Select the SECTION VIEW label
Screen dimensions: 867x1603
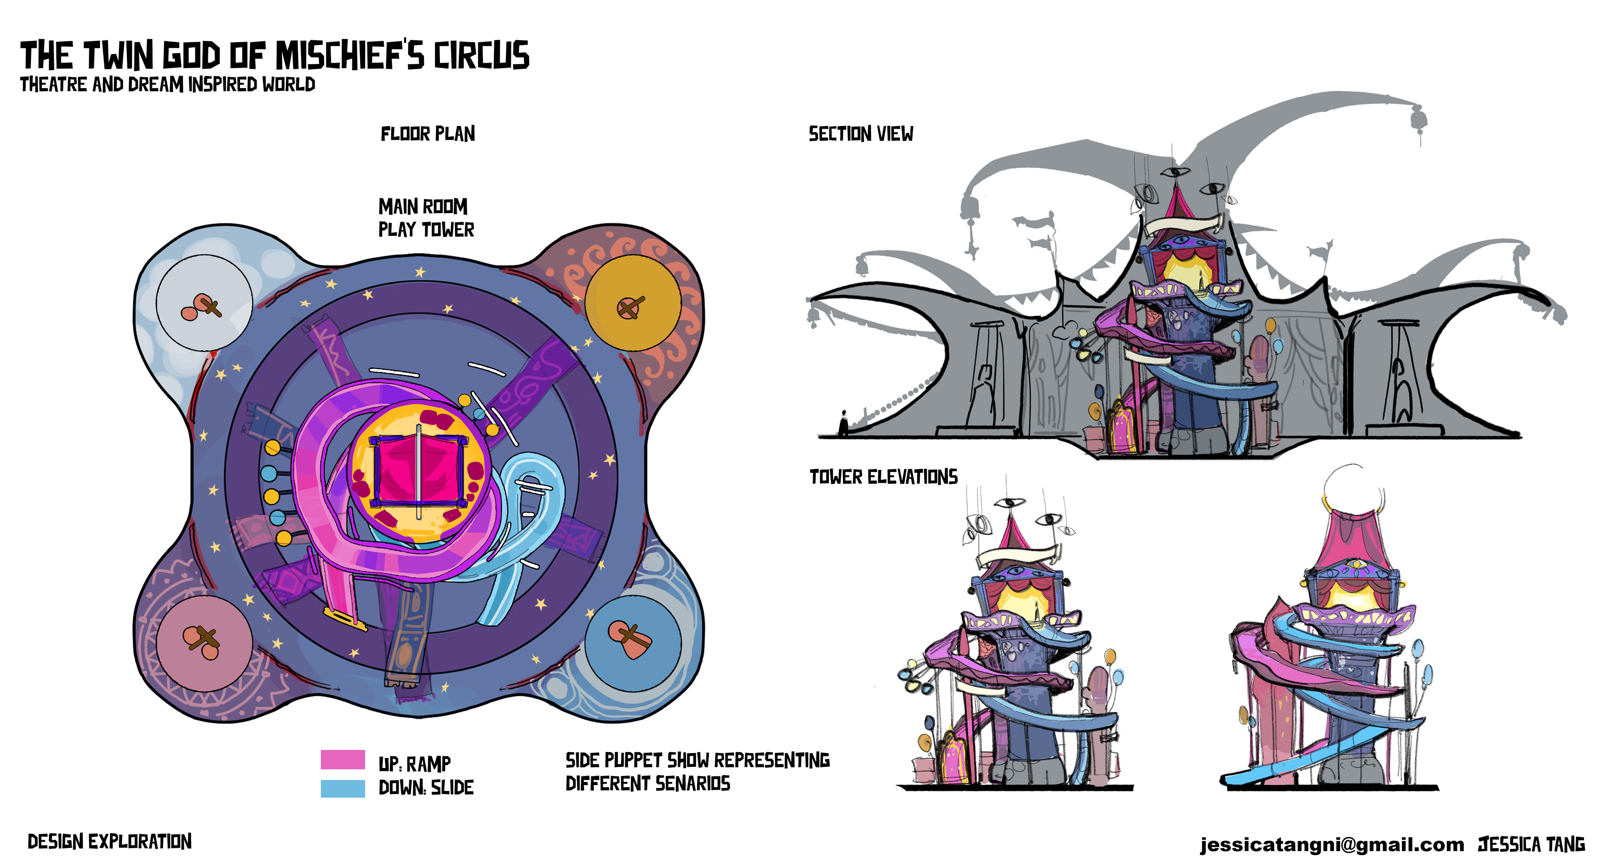click(861, 134)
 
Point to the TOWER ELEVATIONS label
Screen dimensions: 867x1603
click(883, 477)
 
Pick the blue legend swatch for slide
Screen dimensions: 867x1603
click(342, 788)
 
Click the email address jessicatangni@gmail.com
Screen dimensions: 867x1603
click(1332, 844)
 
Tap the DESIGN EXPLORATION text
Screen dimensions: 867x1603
click(109, 842)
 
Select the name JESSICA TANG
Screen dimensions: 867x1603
click(1532, 844)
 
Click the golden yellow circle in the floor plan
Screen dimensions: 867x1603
click(633, 303)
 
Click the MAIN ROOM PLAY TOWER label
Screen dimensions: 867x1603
click(426, 218)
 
